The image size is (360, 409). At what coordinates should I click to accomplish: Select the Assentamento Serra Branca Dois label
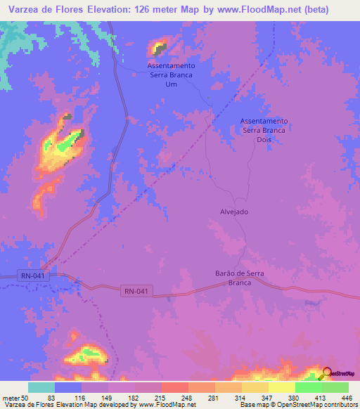[264, 130]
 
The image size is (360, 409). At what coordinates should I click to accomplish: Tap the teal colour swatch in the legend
[41, 387]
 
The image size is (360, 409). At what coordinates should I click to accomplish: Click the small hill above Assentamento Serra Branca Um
[160, 48]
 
